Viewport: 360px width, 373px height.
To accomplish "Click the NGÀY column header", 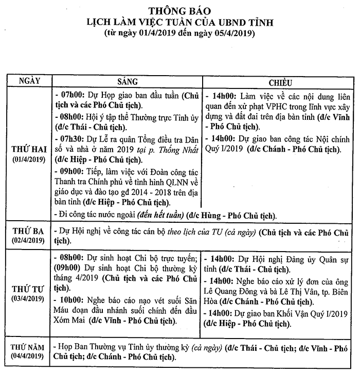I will (x=30, y=82).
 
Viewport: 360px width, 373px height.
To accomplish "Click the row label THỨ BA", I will (x=29, y=231).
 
